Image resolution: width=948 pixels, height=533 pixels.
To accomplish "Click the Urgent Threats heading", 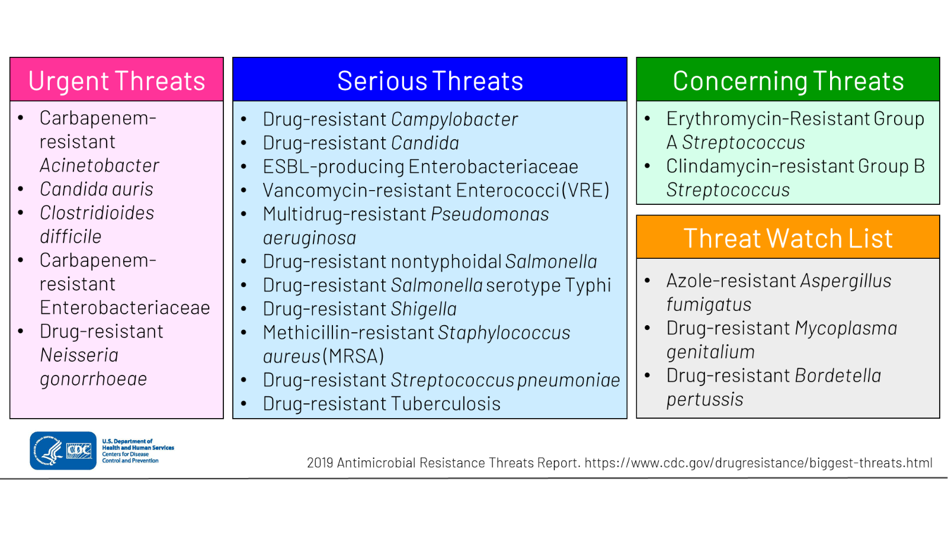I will click(117, 81).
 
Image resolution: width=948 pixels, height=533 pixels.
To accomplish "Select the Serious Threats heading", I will click(430, 81).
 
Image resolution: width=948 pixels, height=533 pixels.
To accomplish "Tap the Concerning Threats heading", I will click(788, 81).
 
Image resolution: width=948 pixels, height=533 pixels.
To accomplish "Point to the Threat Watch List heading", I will click(788, 239).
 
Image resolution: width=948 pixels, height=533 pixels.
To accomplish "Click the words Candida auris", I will click(97, 190).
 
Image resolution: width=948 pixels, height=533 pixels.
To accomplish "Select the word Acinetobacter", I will click(100, 166).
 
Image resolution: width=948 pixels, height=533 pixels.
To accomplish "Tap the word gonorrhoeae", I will click(94, 379).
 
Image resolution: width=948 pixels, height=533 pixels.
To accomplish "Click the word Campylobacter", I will click(454, 120).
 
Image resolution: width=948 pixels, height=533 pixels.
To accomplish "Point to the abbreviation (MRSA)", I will click(354, 357).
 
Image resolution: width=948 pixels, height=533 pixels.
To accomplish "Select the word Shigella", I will click(424, 309).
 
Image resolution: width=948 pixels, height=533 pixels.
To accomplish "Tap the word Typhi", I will click(588, 285).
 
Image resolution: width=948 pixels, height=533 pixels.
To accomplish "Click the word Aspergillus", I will click(845, 281).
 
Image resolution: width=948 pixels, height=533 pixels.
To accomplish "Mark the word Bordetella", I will click(838, 375).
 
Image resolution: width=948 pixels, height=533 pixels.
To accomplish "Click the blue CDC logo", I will click(63, 451).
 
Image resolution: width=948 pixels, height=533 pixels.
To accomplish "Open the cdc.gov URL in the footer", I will click(758, 463).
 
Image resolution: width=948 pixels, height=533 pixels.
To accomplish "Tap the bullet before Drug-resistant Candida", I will click(244, 143).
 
